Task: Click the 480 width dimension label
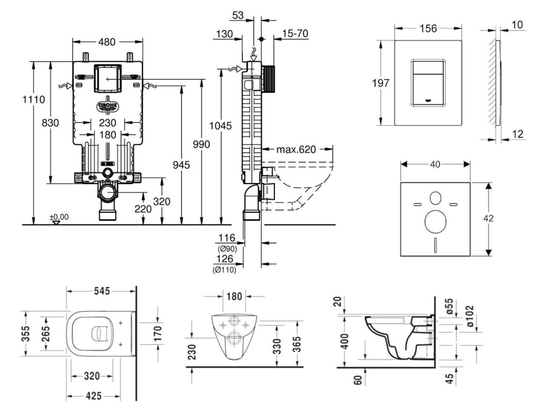(x=107, y=41)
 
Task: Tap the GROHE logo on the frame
(x=108, y=106)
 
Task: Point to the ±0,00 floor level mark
(x=59, y=217)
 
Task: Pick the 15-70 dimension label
(x=294, y=34)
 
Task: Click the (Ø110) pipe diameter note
(x=225, y=269)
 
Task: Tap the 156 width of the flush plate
(x=428, y=28)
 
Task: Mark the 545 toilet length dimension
(x=102, y=291)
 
